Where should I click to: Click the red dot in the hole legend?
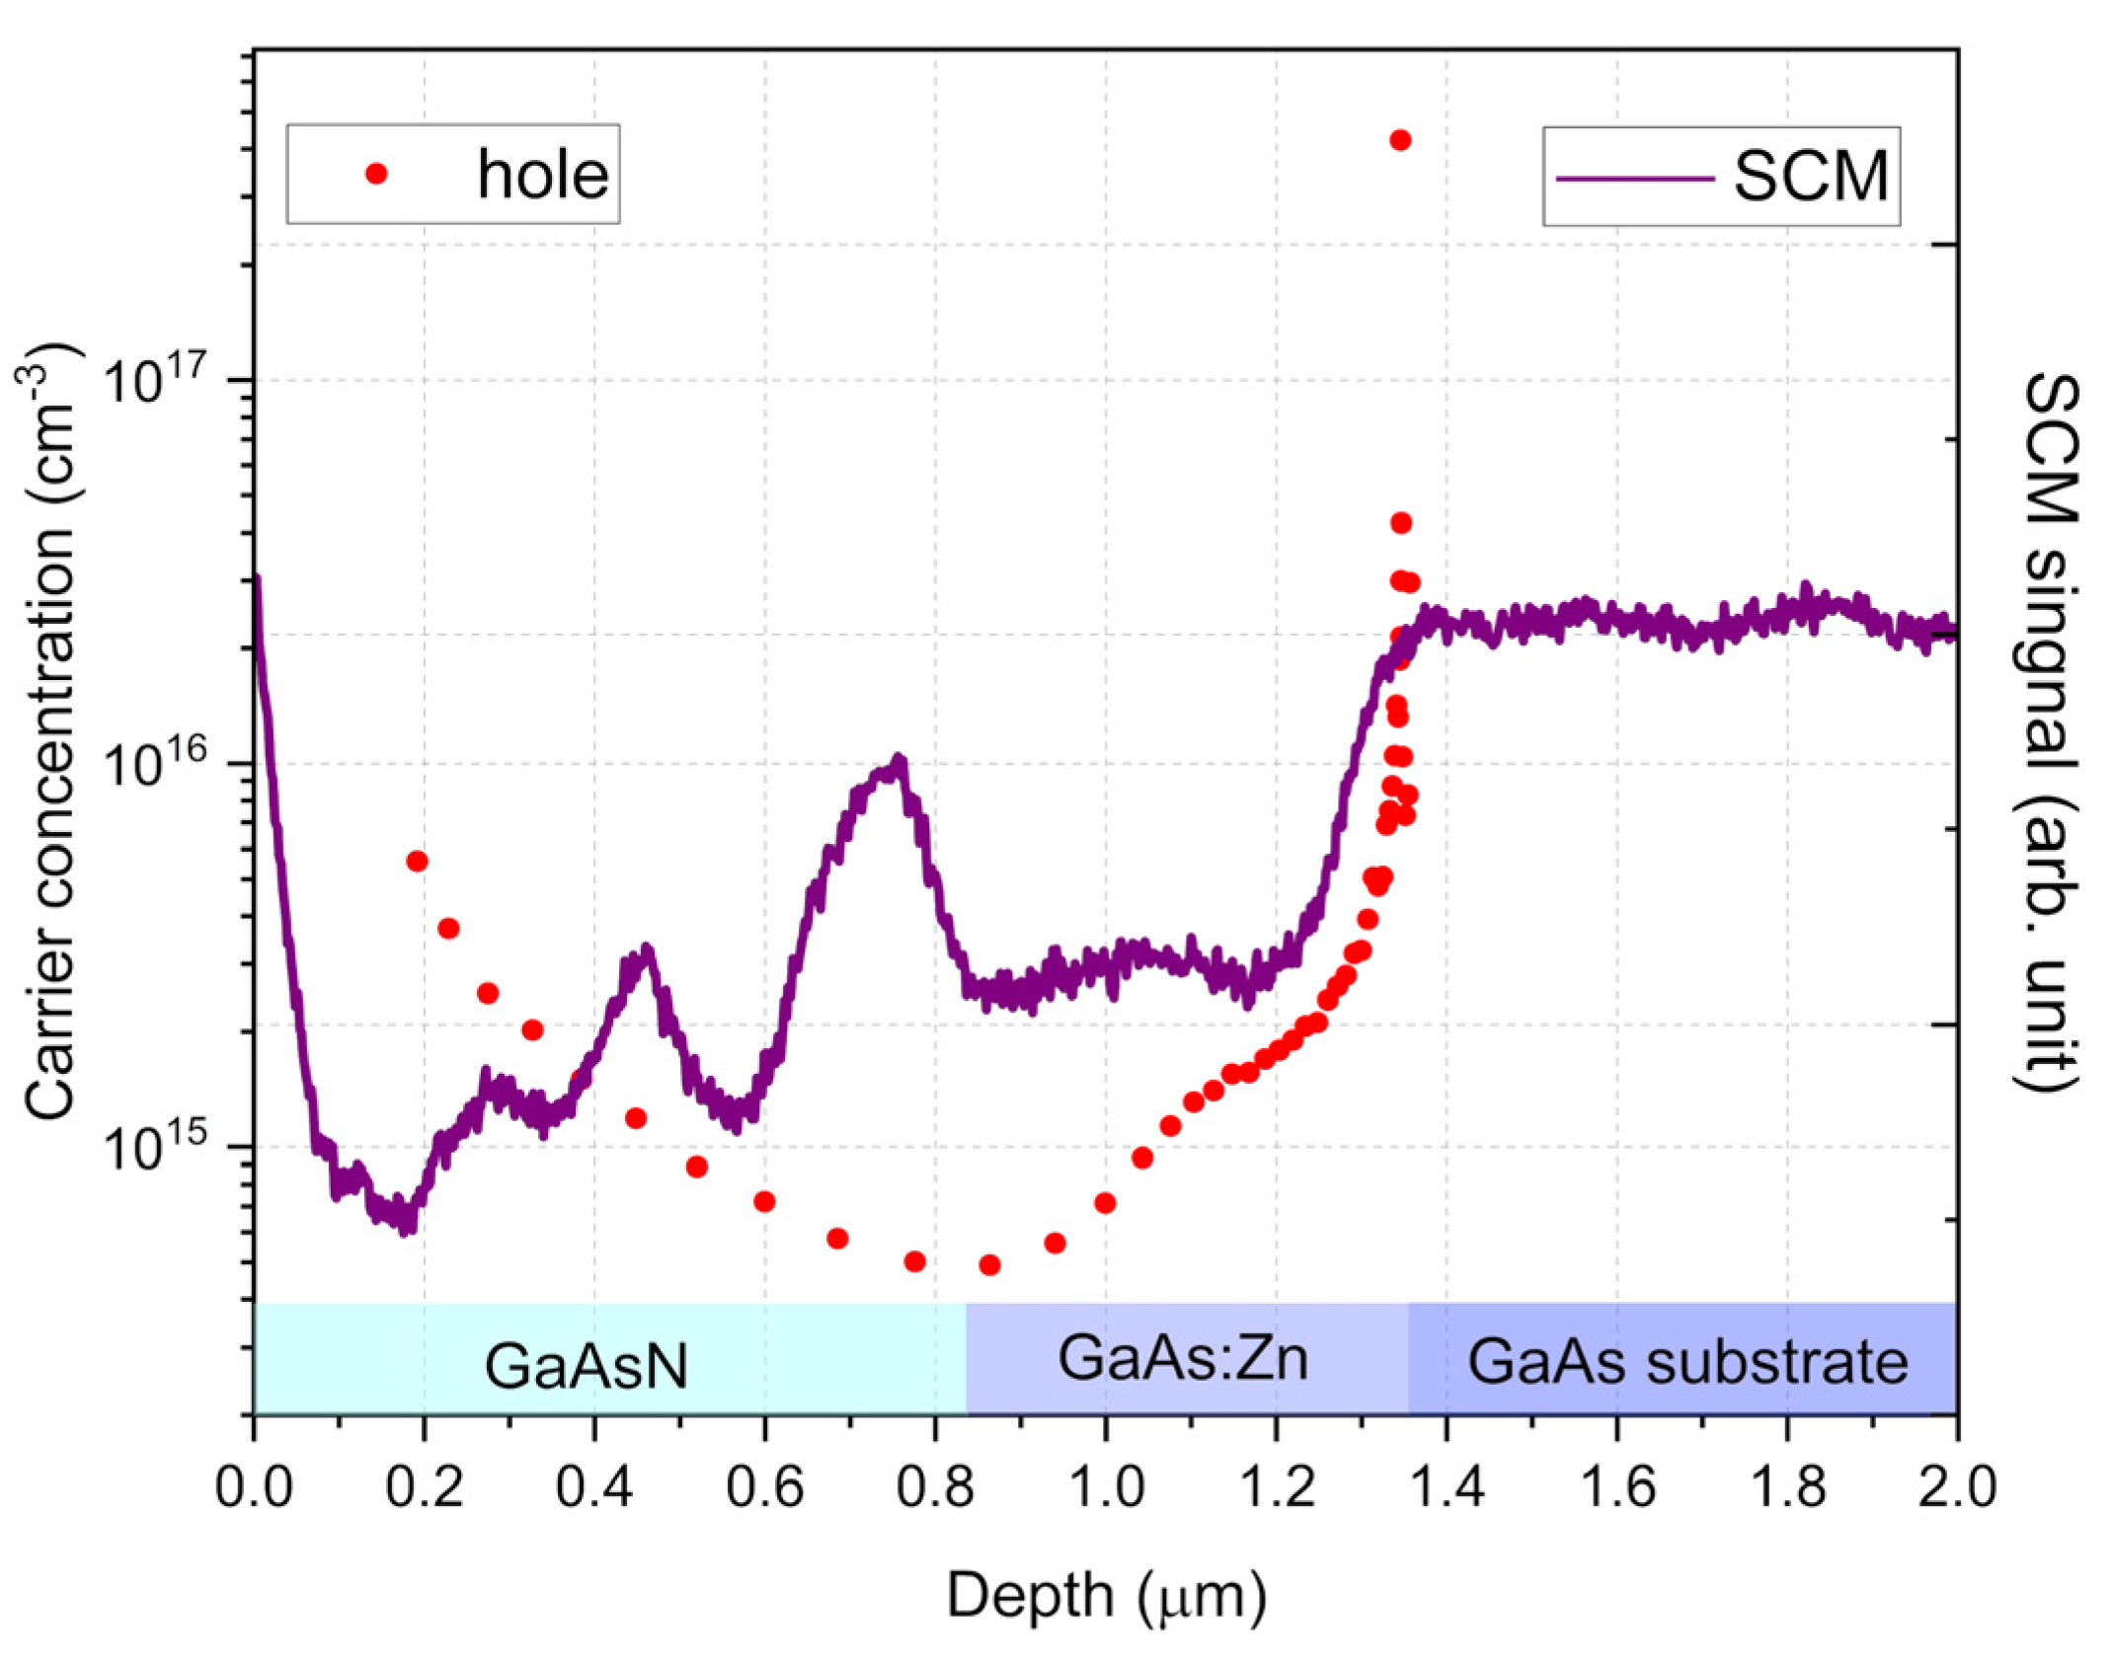pyautogui.click(x=376, y=174)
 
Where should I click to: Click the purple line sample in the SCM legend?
pyautogui.click(x=1634, y=179)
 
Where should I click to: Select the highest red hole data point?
pyautogui.click(x=1400, y=140)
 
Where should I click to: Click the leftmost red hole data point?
pyautogui.click(x=417, y=862)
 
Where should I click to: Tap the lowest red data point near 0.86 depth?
pyautogui.click(x=989, y=1265)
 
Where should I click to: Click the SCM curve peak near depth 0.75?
pyautogui.click(x=898, y=763)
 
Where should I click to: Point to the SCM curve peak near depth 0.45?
pyautogui.click(x=647, y=952)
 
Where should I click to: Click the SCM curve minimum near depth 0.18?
pyautogui.click(x=405, y=1226)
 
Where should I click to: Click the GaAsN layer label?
pyautogui.click(x=586, y=1367)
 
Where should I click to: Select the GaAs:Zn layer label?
pyautogui.click(x=1183, y=1358)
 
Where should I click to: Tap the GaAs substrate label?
pyautogui.click(x=1687, y=1363)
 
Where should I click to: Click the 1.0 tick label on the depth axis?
pyautogui.click(x=1106, y=1486)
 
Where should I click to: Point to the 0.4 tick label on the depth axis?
pyautogui.click(x=594, y=1486)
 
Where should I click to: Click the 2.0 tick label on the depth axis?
pyautogui.click(x=1956, y=1486)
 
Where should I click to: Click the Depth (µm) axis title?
pyautogui.click(x=1106, y=1595)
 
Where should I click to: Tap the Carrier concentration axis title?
pyautogui.click(x=49, y=730)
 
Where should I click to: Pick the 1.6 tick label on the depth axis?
pyautogui.click(x=1617, y=1486)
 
